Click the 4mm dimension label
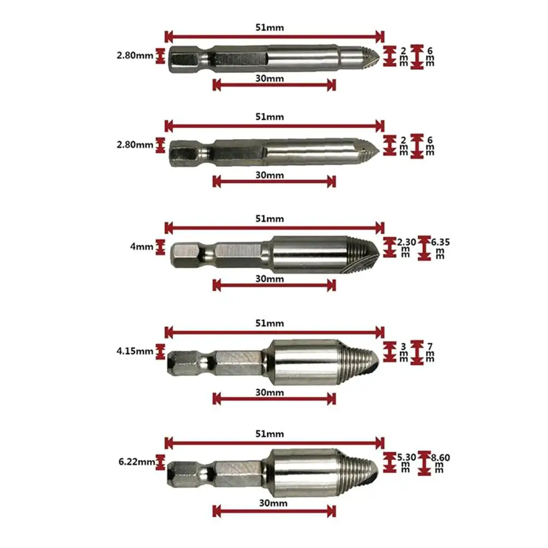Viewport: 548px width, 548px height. click(142, 246)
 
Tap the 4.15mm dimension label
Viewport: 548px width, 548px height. click(135, 351)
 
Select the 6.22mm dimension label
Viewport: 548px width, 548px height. click(137, 462)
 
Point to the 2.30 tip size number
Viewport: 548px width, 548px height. click(406, 242)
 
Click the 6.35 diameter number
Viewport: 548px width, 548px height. click(440, 242)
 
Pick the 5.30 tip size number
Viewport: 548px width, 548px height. click(406, 457)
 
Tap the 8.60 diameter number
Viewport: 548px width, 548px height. click(440, 457)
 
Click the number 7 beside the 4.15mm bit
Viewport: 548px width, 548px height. click(430, 347)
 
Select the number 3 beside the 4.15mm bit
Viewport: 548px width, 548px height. click(403, 347)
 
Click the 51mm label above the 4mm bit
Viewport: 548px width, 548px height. click(269, 219)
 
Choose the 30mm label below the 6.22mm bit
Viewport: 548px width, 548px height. click(273, 503)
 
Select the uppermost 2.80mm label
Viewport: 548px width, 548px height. click(135, 55)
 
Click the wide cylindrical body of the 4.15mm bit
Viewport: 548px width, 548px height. click(302, 362)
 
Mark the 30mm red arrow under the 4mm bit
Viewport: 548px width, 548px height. click(274, 286)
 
